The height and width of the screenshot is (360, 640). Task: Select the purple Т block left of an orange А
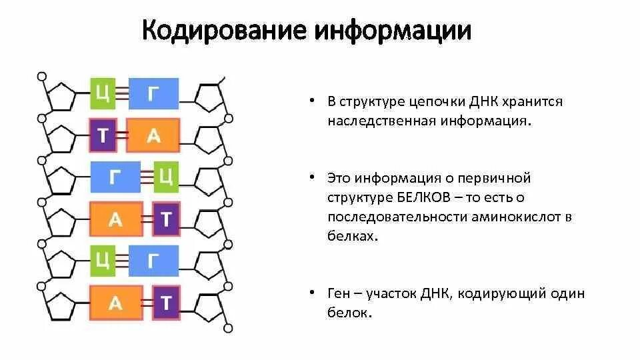click(102, 136)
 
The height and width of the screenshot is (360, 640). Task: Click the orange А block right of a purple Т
click(153, 136)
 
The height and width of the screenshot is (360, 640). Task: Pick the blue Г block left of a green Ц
click(115, 177)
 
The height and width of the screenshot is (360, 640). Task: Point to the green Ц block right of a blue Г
click(166, 177)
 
